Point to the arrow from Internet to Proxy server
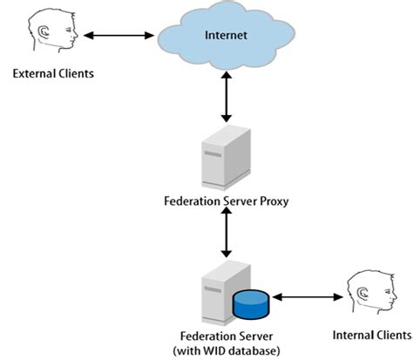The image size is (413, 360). [x=227, y=96]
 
